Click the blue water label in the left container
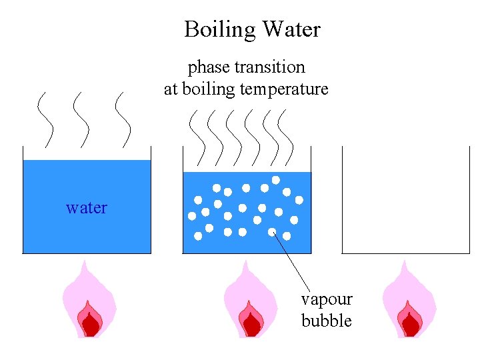(x=87, y=208)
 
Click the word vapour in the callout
(x=327, y=299)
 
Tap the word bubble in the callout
(x=327, y=321)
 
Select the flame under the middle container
(x=250, y=303)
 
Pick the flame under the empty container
(x=409, y=303)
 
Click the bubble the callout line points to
(x=272, y=232)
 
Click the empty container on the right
(x=406, y=200)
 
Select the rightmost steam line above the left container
(x=123, y=120)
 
